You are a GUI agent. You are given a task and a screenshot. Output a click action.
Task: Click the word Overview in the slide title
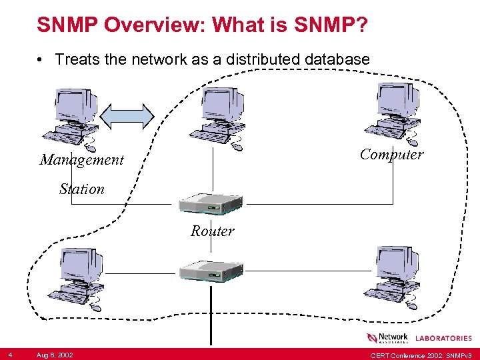coord(153,26)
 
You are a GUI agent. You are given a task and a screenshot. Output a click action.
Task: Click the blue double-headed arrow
coord(127,115)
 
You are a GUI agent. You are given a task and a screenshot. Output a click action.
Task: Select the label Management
coord(82,160)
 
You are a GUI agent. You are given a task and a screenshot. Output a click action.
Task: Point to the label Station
coord(82,189)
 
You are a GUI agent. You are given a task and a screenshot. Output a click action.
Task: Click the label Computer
coord(392,155)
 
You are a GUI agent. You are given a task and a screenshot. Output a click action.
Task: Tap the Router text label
coord(213,231)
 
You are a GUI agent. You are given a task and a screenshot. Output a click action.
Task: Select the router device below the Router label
coord(210,269)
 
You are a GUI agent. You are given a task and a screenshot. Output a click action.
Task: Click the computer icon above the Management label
coord(75,117)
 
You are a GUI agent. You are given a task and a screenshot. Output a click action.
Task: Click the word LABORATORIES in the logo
coord(443,338)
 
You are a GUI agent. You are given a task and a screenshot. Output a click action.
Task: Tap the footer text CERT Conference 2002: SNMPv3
coord(421,354)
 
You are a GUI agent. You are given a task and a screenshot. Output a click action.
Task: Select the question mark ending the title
coord(360,26)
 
